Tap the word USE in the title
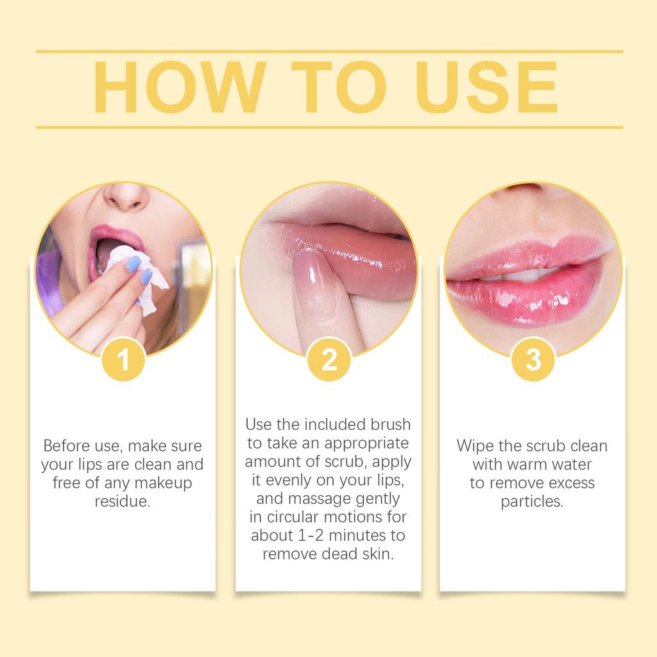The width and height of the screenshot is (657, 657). pyautogui.click(x=485, y=89)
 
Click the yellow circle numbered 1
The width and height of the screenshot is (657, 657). pyautogui.click(x=124, y=360)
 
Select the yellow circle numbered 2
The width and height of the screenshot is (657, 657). pyautogui.click(x=328, y=360)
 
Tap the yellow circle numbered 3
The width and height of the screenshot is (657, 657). pyautogui.click(x=533, y=360)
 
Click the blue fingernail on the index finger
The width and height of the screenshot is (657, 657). pyautogui.click(x=133, y=263)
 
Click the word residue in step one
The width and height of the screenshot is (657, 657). pyautogui.click(x=123, y=501)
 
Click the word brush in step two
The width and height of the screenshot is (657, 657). pyautogui.click(x=389, y=425)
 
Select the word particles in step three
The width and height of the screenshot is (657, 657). pyautogui.click(x=532, y=501)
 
